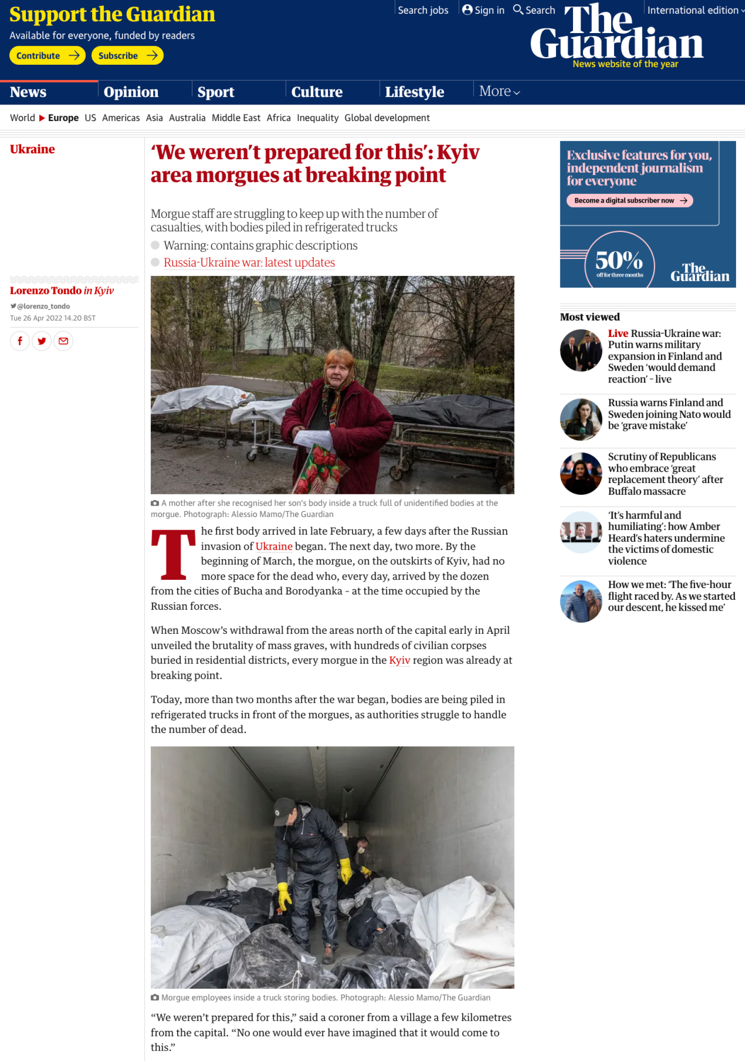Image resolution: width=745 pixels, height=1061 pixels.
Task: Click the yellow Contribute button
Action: coord(47,56)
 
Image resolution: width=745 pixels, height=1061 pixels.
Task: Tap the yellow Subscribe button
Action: coord(127,56)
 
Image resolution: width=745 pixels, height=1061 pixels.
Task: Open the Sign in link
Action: coord(483,10)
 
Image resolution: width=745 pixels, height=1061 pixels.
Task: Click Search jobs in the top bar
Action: coord(423,10)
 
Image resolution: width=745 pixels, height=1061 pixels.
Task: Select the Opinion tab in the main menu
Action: coord(131,92)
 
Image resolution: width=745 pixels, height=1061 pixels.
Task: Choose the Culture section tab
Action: coord(317,92)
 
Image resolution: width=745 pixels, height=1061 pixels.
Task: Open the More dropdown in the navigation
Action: coord(499,91)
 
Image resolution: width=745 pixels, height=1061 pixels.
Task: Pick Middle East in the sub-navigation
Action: coord(236,118)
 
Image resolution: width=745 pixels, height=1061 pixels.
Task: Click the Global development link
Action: coord(387,118)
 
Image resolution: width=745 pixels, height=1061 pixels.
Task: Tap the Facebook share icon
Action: coord(20,341)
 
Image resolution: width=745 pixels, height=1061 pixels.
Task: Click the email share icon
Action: coord(63,341)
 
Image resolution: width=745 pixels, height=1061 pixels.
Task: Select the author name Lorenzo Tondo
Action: coord(46,291)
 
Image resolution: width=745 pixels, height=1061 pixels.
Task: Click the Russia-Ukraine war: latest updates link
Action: coord(249,262)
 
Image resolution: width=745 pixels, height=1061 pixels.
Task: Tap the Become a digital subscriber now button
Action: coord(629,200)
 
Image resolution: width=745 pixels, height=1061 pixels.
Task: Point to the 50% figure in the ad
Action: coord(619,260)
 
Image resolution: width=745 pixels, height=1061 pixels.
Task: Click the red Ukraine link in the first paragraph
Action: coord(274,546)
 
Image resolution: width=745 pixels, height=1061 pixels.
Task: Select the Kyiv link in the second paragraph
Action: coord(399,660)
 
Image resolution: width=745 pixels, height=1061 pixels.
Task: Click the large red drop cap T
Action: coord(173,554)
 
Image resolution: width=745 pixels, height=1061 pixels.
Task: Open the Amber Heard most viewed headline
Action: coord(666,538)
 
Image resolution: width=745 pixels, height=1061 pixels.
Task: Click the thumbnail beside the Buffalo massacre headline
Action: coord(581,474)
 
